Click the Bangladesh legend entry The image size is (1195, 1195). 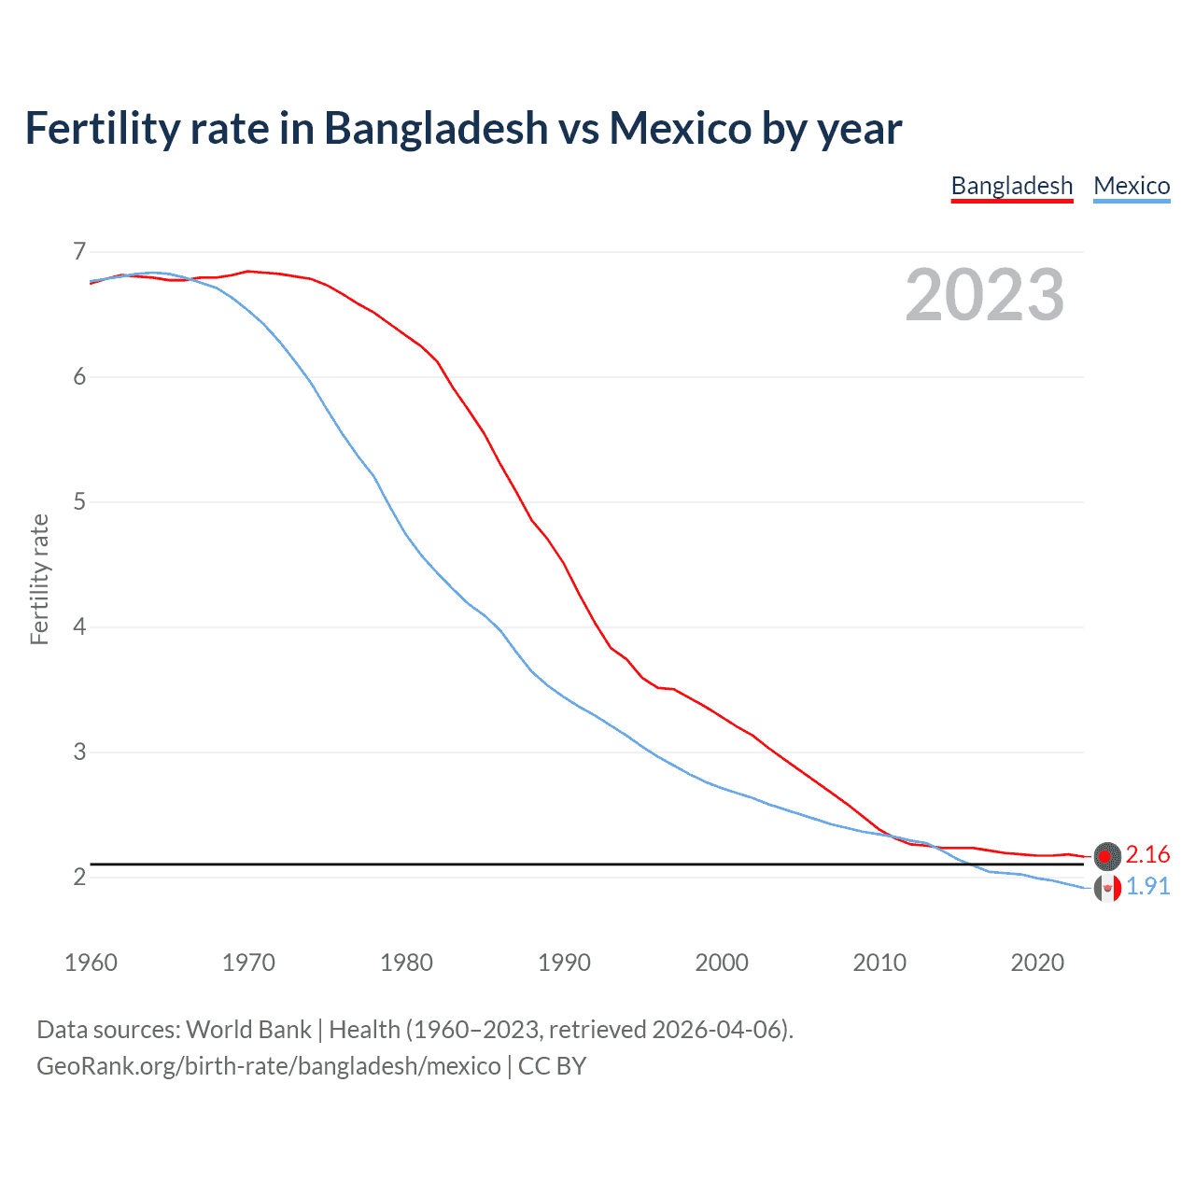click(x=1012, y=186)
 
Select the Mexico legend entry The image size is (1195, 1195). click(x=1132, y=186)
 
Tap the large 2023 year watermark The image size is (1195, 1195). click(x=985, y=295)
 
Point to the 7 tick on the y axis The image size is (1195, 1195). click(x=79, y=252)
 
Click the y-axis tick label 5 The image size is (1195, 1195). click(x=79, y=502)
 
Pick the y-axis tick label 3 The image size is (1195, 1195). click(x=79, y=752)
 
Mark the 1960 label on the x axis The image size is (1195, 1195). click(x=91, y=963)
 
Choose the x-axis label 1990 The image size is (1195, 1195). click(x=564, y=963)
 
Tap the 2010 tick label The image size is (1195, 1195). click(x=879, y=963)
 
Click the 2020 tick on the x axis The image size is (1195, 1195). click(x=1037, y=963)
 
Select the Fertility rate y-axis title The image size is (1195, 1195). click(x=39, y=579)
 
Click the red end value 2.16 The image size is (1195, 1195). click(x=1147, y=855)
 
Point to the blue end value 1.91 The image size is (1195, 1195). click(x=1147, y=887)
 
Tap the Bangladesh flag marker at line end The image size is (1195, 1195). click(x=1107, y=856)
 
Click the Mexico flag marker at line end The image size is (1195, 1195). click(x=1107, y=888)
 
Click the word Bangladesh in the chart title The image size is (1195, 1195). click(x=436, y=129)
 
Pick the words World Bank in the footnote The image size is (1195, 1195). click(x=248, y=1030)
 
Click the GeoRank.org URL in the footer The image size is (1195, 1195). click(x=268, y=1066)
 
